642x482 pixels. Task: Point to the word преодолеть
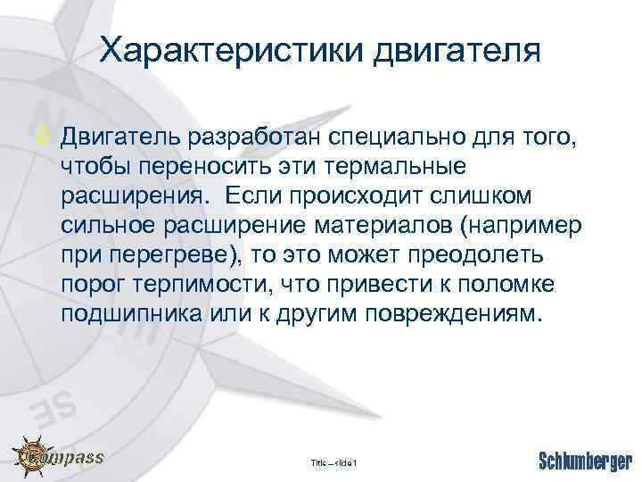pos(462,256)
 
